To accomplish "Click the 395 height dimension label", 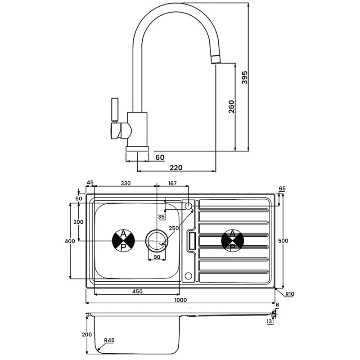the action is [x=245, y=77].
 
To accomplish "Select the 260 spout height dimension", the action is [x=231, y=107].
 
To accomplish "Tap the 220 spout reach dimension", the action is [x=176, y=167].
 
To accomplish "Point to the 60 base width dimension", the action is [x=160, y=157].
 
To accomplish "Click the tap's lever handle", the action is [x=115, y=110].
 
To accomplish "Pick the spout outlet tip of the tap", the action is [x=216, y=59].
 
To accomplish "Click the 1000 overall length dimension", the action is [x=180, y=300].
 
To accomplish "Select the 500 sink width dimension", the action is [x=283, y=241].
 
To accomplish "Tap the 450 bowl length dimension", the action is [x=137, y=291].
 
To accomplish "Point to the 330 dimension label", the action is [x=126, y=183].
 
